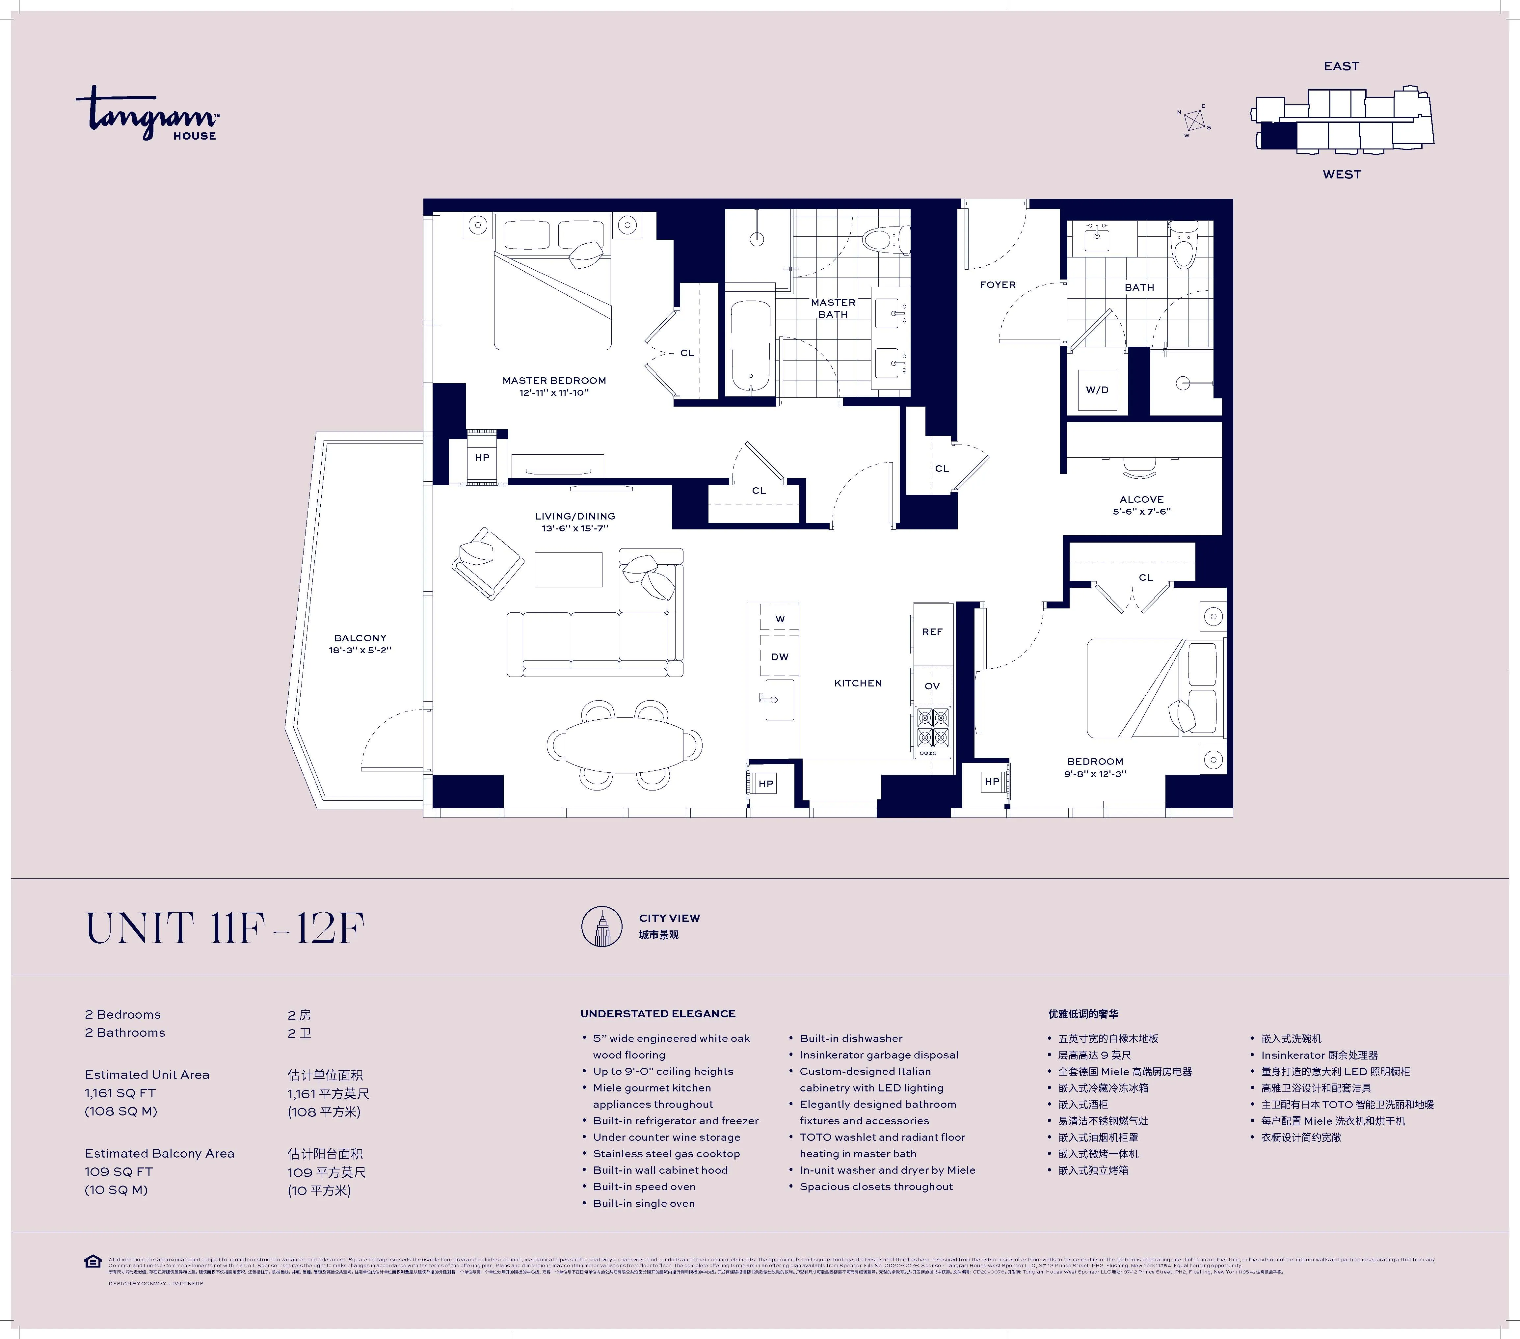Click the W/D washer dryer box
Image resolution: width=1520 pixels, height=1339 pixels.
[1097, 389]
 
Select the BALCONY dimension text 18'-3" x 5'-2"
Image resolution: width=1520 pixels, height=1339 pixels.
[360, 650]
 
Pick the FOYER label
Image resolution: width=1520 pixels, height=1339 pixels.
[997, 285]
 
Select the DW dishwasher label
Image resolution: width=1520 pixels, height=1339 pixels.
[779, 656]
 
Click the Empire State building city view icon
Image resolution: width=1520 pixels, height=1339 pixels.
[601, 926]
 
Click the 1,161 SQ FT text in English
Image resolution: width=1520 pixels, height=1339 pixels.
[120, 1093]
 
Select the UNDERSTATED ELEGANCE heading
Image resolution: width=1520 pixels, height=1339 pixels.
[657, 1013]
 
